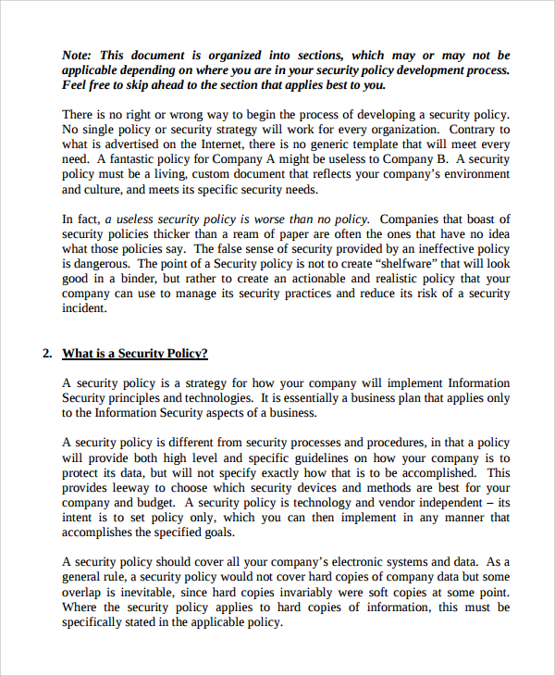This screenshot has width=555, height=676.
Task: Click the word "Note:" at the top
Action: [x=78, y=56]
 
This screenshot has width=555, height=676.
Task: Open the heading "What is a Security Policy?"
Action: [x=135, y=354]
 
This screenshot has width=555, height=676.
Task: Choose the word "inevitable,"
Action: [x=139, y=592]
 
